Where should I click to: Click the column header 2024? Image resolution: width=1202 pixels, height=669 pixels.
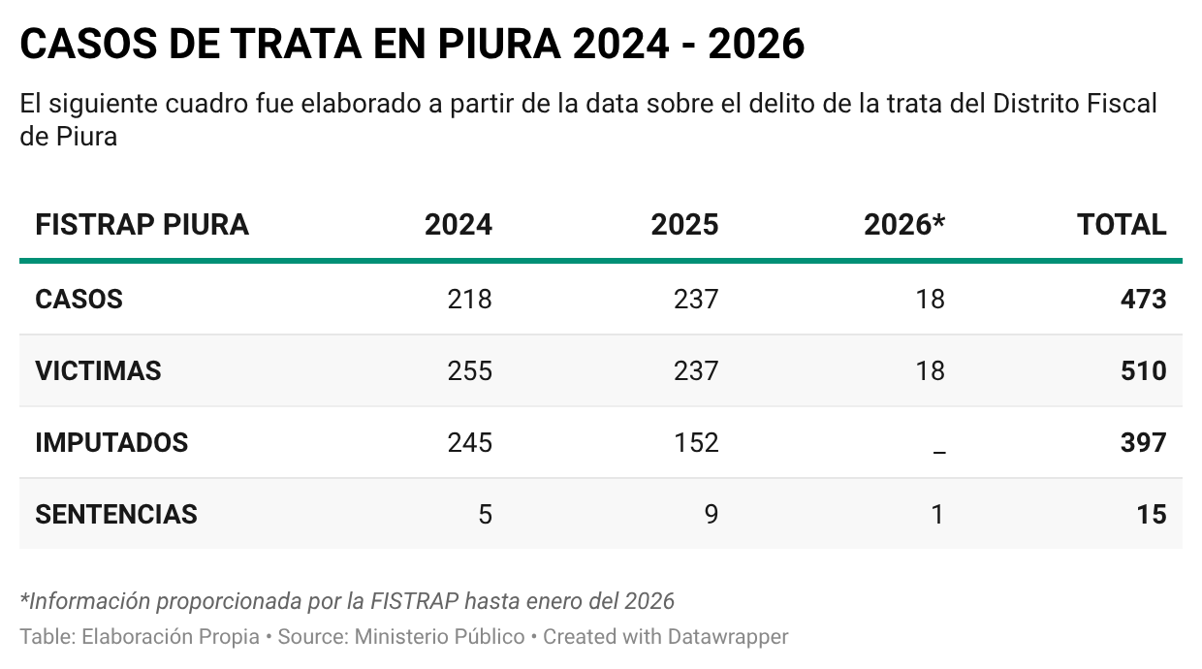pyautogui.click(x=458, y=225)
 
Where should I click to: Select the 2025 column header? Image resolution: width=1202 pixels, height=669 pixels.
pyautogui.click(x=684, y=225)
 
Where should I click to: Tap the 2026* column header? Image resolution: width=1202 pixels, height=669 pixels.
pyautogui.click(x=903, y=225)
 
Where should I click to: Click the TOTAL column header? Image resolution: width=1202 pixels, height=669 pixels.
pyautogui.click(x=1122, y=225)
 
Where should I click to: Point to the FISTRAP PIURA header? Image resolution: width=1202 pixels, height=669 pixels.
pyautogui.click(x=142, y=225)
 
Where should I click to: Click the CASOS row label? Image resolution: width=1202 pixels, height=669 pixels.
pyautogui.click(x=79, y=299)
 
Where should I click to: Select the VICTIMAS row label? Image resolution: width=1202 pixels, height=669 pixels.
pyautogui.click(x=98, y=370)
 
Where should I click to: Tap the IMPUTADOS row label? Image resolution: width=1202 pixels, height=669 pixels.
pyautogui.click(x=111, y=442)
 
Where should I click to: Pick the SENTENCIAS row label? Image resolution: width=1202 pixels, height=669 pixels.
pyautogui.click(x=116, y=514)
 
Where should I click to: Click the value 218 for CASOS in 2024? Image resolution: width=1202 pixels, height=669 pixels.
pyautogui.click(x=469, y=299)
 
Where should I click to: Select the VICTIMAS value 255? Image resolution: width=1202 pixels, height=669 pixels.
pyautogui.click(x=469, y=370)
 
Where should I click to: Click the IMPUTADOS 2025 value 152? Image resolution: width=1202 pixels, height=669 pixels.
pyautogui.click(x=696, y=442)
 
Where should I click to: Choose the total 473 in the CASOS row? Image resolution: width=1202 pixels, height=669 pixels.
pyautogui.click(x=1143, y=299)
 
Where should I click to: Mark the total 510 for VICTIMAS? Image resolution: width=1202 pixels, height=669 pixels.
pyautogui.click(x=1143, y=370)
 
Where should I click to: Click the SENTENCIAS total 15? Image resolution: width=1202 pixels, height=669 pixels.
pyautogui.click(x=1152, y=514)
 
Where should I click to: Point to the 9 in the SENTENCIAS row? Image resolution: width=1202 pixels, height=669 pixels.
pyautogui.click(x=711, y=514)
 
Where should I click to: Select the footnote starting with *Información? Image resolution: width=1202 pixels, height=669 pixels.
pyautogui.click(x=347, y=601)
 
